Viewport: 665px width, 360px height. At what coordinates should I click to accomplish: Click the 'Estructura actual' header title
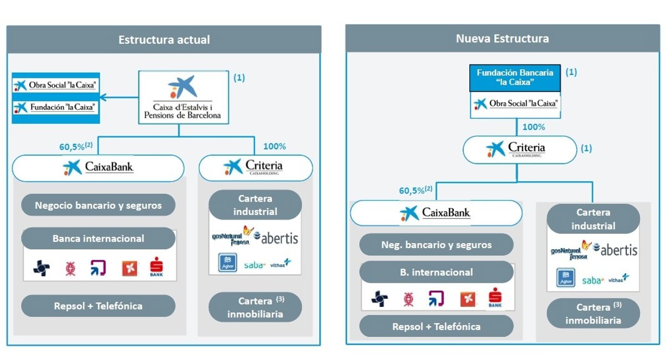pos(164,40)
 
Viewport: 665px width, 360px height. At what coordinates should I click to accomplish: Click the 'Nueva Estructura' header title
pos(502,39)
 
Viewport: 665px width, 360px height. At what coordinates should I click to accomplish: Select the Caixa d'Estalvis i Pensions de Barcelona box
pos(182,97)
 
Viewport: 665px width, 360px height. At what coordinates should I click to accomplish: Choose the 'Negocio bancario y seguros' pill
pos(98,205)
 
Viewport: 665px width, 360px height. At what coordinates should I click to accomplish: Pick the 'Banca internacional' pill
pos(98,239)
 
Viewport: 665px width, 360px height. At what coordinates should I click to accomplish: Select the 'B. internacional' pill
pos(436,272)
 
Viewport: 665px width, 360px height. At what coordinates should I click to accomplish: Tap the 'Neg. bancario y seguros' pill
pos(436,244)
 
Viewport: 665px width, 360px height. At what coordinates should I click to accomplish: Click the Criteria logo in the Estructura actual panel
pos(255,167)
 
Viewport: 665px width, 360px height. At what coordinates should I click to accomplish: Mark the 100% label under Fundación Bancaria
pos(534,127)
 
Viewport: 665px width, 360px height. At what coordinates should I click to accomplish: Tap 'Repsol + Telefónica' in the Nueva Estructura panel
pos(436,326)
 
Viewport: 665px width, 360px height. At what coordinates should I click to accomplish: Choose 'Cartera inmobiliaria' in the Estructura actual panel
pos(255,307)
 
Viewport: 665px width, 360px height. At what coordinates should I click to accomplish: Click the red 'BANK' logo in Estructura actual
pos(156,269)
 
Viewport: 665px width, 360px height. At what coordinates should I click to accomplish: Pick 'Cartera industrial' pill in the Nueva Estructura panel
pos(593,219)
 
